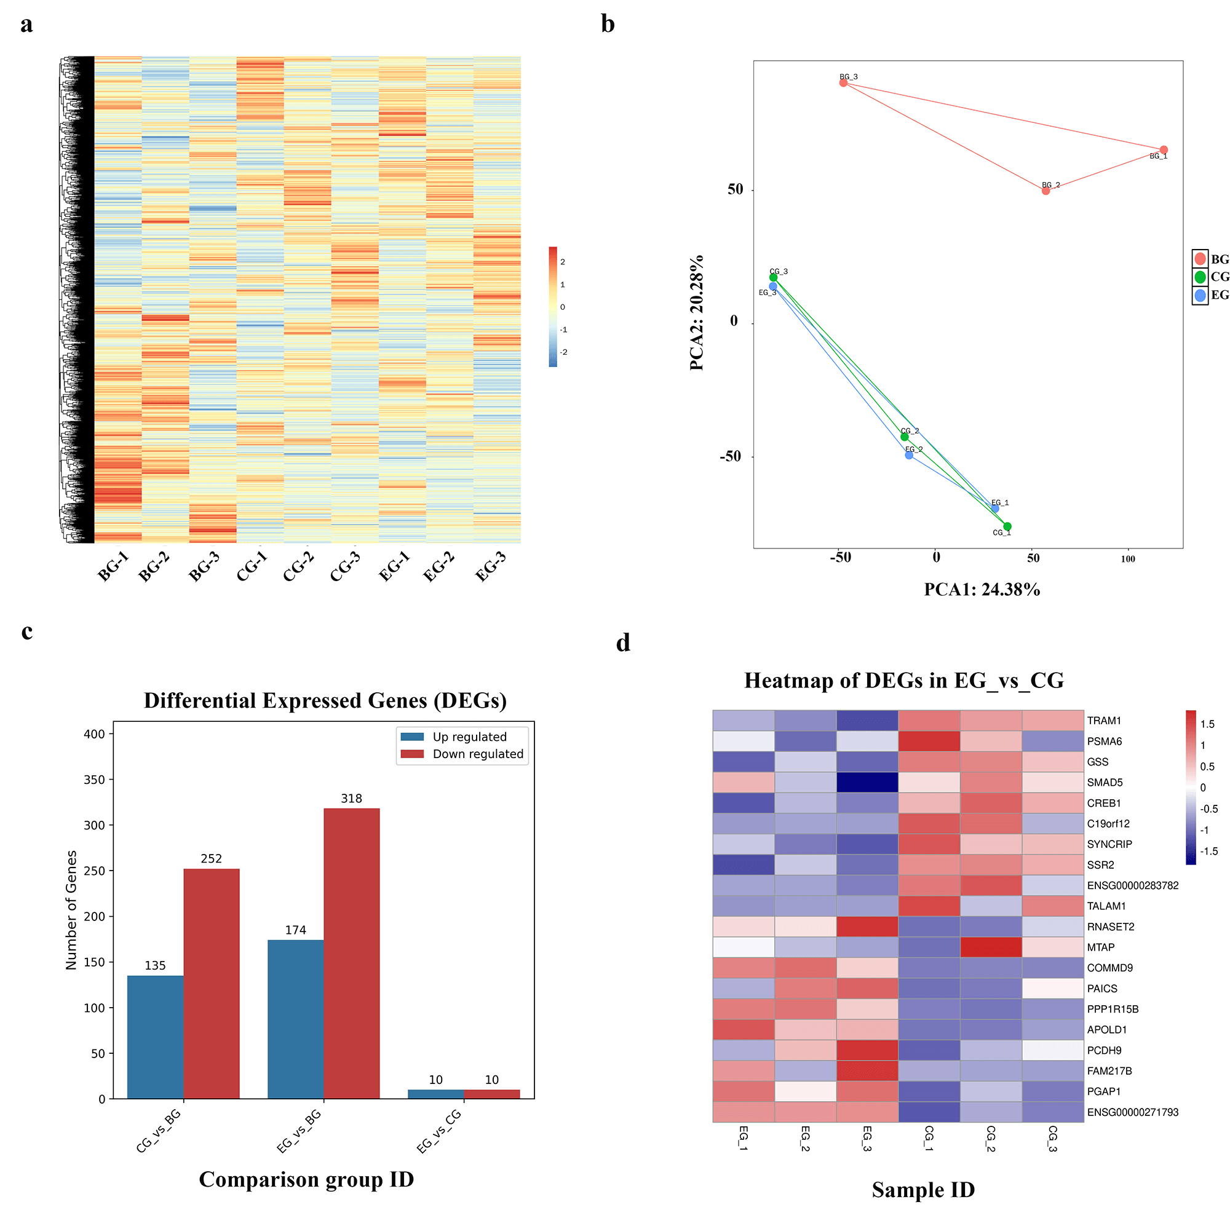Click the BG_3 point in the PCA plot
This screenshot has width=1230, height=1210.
(x=843, y=82)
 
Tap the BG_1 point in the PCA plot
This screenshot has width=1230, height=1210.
(x=1163, y=150)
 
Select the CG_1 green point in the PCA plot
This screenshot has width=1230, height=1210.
(x=1007, y=526)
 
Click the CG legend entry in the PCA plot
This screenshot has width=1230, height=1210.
(x=1210, y=277)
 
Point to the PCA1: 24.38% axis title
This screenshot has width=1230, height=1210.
(x=982, y=590)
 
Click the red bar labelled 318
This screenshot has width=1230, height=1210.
(x=352, y=953)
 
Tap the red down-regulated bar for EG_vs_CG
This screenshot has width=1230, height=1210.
(x=491, y=1094)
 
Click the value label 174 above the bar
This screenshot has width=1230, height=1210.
(x=296, y=930)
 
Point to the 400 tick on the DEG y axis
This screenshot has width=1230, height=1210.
(x=94, y=734)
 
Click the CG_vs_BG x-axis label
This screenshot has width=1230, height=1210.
(x=159, y=1131)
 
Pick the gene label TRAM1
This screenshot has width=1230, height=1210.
(x=1104, y=721)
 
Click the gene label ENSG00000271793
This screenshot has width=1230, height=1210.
(x=1133, y=1112)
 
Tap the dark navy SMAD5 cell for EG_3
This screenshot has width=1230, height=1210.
(x=867, y=782)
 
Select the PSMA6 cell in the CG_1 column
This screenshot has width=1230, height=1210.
(x=929, y=741)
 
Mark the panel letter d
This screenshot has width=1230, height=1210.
(x=623, y=643)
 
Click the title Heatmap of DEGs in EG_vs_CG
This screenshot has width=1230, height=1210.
(x=904, y=681)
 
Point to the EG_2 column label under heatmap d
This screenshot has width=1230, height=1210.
(x=805, y=1139)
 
